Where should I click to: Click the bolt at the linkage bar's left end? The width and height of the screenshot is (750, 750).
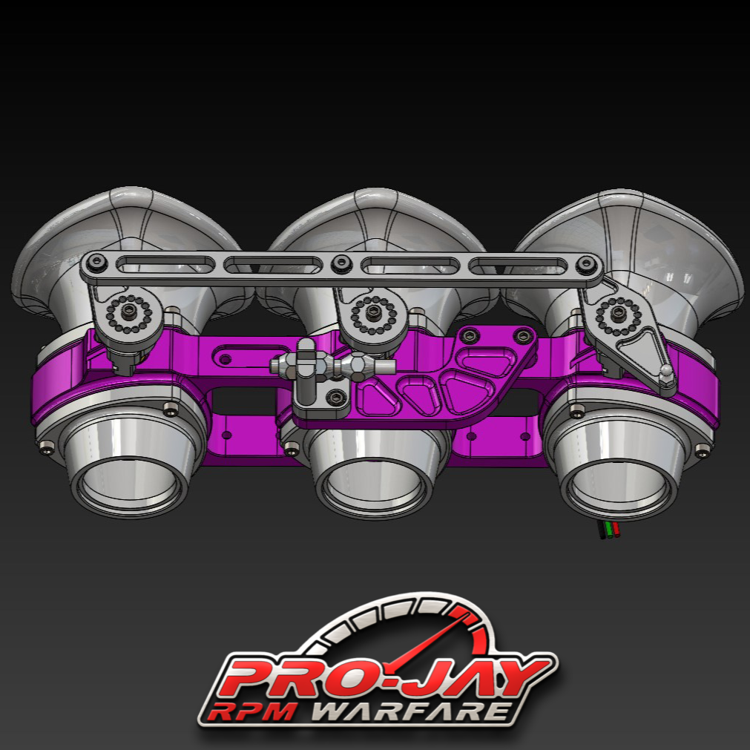[x=95, y=261]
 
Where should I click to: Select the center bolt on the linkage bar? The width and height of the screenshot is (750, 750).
[x=341, y=262]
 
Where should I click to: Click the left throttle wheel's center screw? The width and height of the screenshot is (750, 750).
[x=131, y=310]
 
